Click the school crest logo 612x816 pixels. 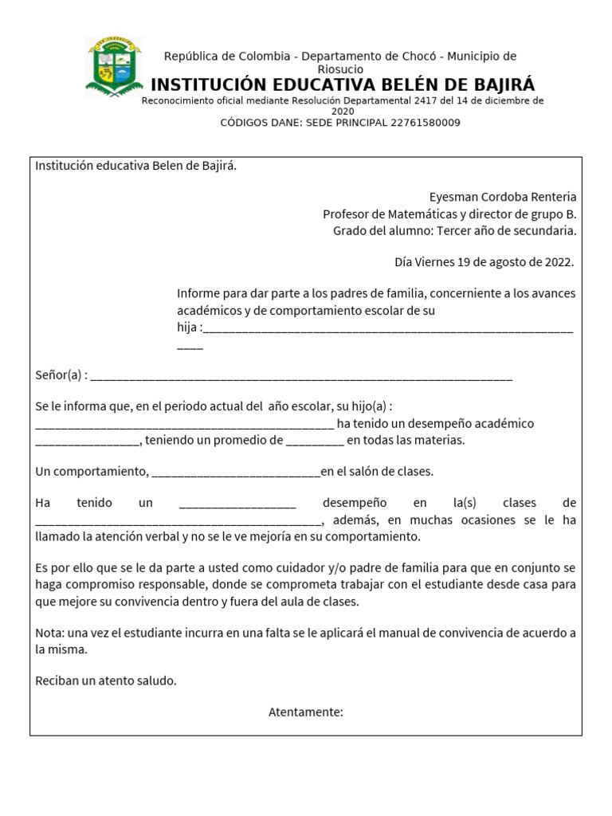(114, 67)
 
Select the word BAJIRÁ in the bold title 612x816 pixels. (496, 85)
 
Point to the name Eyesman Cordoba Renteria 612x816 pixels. (502, 197)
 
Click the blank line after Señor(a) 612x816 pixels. (302, 375)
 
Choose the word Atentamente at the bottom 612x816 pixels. (305, 712)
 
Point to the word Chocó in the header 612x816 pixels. (419, 56)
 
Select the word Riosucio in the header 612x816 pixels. (340, 69)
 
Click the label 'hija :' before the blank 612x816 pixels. (189, 328)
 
